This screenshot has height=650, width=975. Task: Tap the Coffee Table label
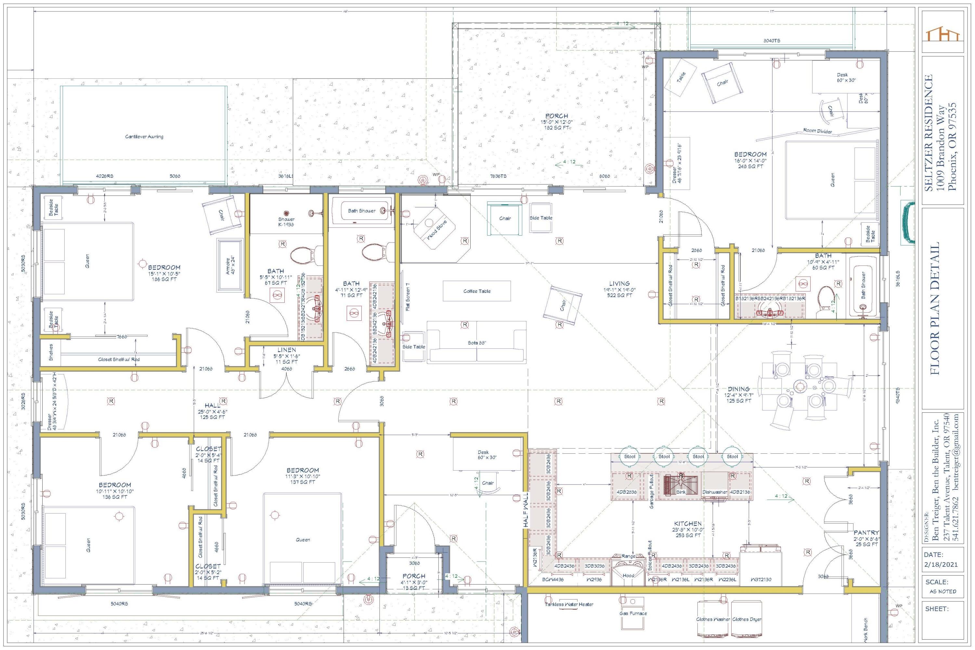pos(477,291)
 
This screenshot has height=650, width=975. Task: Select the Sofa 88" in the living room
pos(477,343)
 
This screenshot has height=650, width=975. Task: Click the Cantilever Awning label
pos(144,136)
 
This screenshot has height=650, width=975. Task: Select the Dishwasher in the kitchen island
pos(715,492)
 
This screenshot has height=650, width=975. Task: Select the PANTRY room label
pos(866,533)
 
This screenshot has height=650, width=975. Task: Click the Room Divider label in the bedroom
pos(817,131)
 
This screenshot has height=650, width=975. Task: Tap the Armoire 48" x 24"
pos(230,265)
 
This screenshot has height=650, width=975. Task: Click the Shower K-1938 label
pos(286,222)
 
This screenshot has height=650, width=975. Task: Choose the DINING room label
pos(739,389)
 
